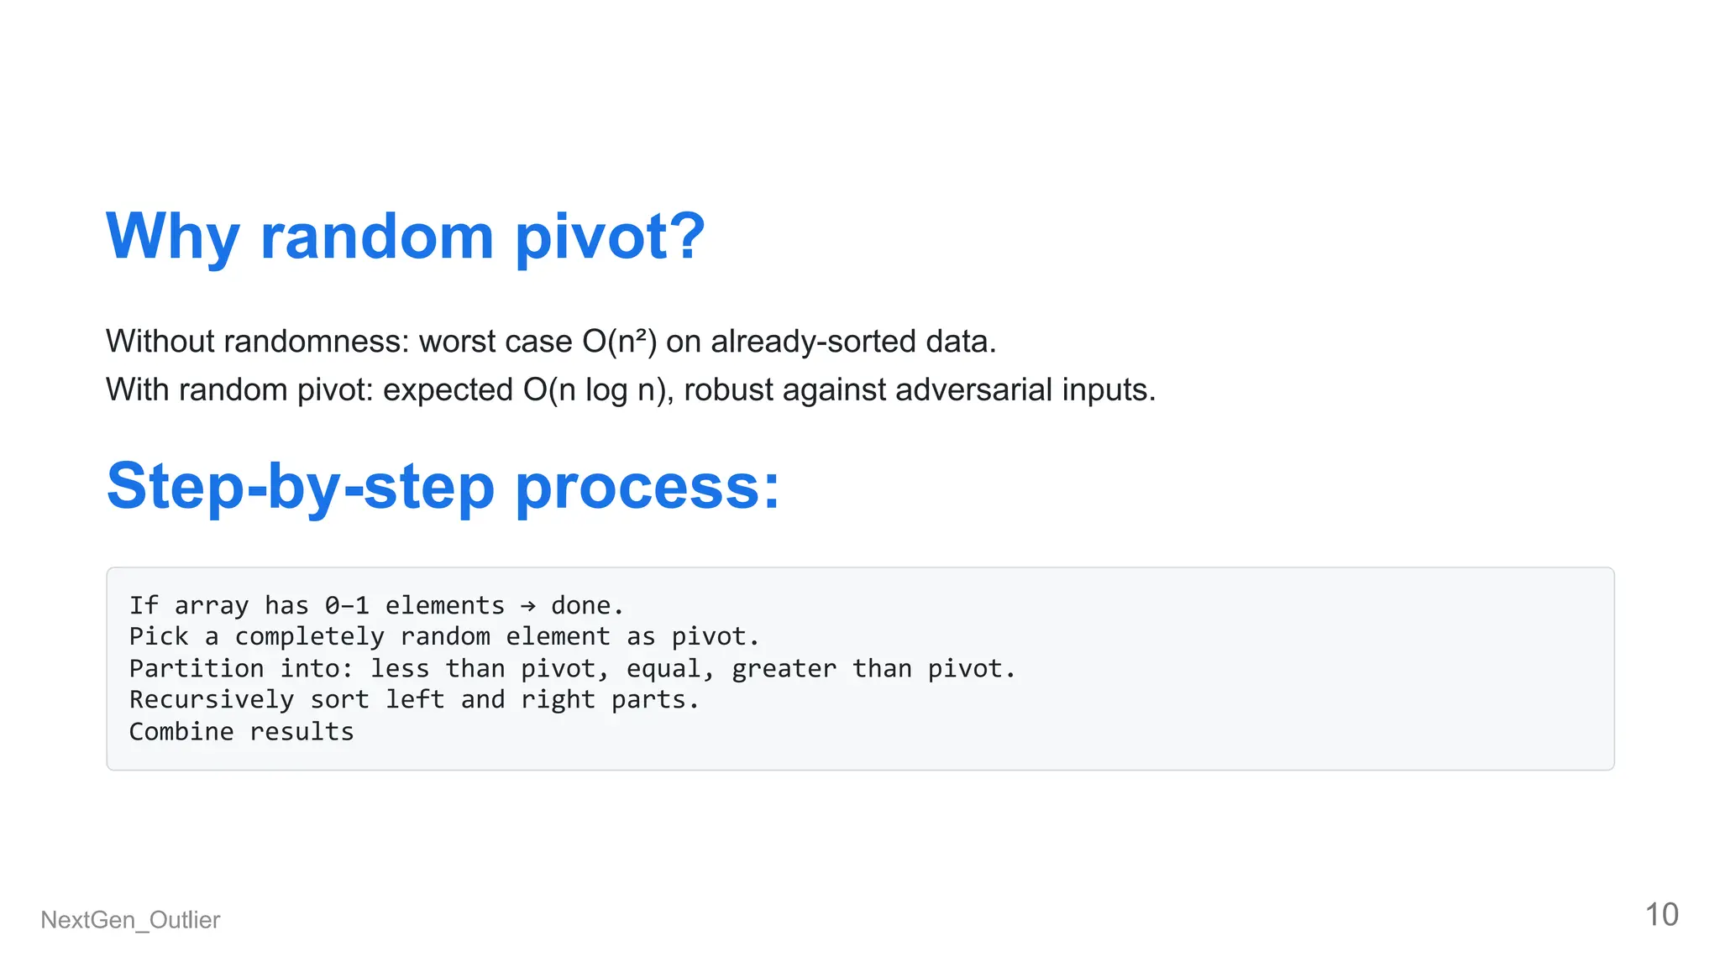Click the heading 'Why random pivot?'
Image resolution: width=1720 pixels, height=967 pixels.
pos(406,237)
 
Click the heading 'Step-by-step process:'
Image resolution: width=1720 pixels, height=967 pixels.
pos(443,487)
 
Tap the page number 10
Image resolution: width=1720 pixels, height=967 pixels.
pos(1660,915)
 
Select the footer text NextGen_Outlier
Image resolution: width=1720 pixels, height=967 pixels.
pos(130,920)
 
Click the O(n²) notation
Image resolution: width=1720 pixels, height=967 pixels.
pos(619,342)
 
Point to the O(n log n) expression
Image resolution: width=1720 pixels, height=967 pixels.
pos(597,390)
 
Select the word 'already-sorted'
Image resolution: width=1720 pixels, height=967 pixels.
pos(813,342)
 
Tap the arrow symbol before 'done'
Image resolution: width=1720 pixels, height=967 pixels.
pos(527,606)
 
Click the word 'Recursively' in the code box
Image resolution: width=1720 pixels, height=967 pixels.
pos(212,700)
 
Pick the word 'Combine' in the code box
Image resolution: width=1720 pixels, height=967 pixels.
pos(181,732)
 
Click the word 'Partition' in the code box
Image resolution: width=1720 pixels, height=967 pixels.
pos(197,669)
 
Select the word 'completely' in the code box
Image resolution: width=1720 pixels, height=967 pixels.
pos(309,637)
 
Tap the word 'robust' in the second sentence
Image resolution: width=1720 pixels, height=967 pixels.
pos(728,390)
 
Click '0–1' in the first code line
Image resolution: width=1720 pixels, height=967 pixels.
pos(347,606)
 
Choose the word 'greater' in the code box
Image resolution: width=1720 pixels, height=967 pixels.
pos(784,669)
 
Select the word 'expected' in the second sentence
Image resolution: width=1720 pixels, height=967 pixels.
pos(448,390)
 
